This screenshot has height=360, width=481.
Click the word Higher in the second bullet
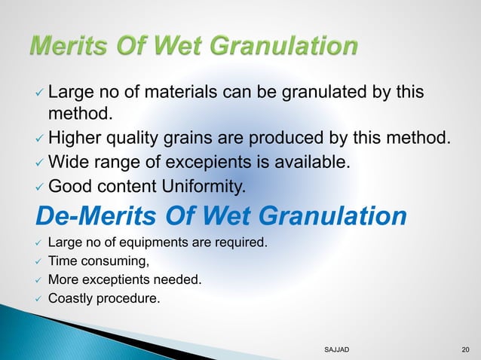point(75,138)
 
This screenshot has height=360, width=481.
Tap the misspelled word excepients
point(211,160)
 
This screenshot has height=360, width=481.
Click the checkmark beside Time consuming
point(39,262)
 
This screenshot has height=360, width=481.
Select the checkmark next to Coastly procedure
point(39,298)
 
